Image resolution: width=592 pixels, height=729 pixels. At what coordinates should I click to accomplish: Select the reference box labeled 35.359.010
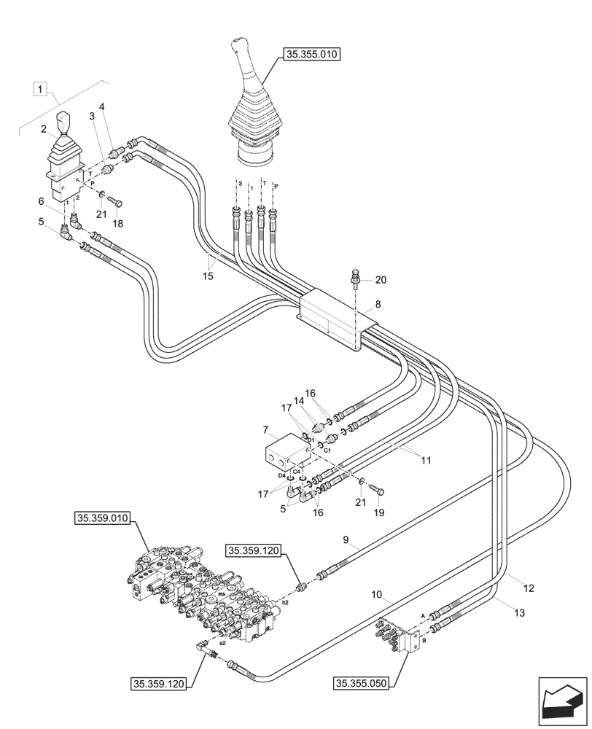coord(101,519)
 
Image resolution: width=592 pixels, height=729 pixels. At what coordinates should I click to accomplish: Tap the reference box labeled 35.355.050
coord(362,683)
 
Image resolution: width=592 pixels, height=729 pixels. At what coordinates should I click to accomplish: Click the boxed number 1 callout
coord(42,90)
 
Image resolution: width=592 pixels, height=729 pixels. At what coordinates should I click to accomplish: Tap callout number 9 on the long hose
coord(346,540)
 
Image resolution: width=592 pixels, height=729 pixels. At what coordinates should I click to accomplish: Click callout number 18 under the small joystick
coord(117,224)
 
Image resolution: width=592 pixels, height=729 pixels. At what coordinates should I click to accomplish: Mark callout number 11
coord(424,461)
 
